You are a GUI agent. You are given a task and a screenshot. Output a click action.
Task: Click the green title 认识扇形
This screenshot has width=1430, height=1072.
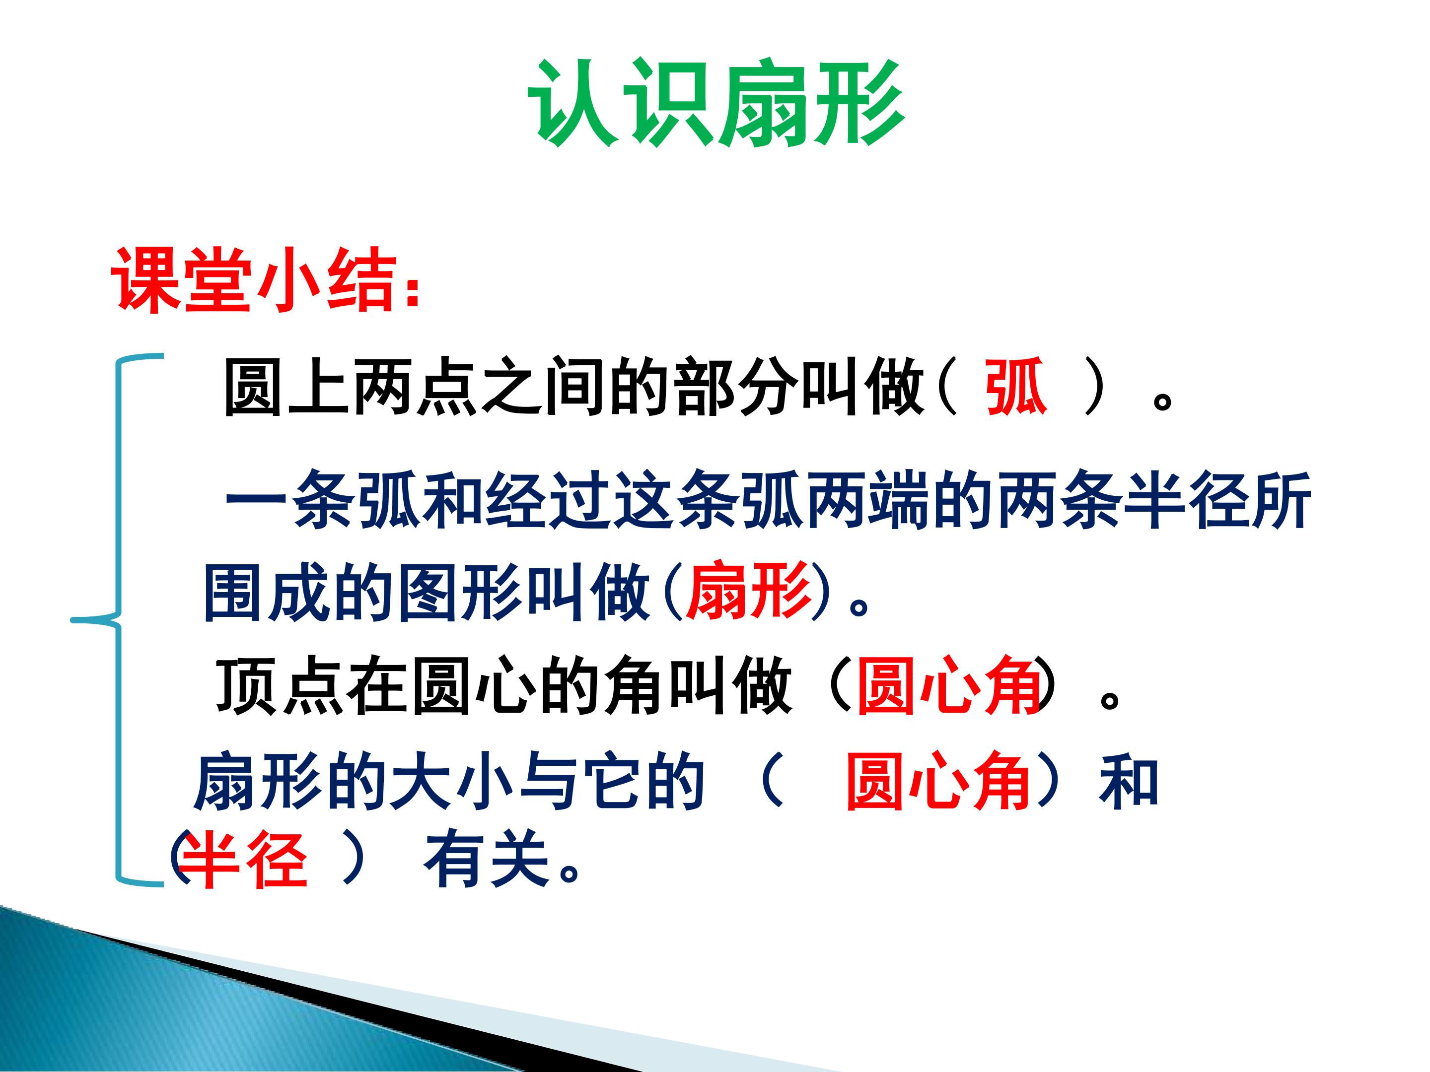coord(716,103)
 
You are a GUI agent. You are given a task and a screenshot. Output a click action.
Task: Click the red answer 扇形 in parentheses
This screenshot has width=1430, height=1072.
coord(748,590)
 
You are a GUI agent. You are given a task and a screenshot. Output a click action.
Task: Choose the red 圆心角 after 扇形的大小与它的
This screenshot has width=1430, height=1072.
coord(938,782)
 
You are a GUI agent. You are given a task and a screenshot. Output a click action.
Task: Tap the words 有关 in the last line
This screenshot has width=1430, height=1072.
coord(486,860)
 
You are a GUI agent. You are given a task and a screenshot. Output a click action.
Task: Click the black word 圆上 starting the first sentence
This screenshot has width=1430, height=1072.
coord(287,387)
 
